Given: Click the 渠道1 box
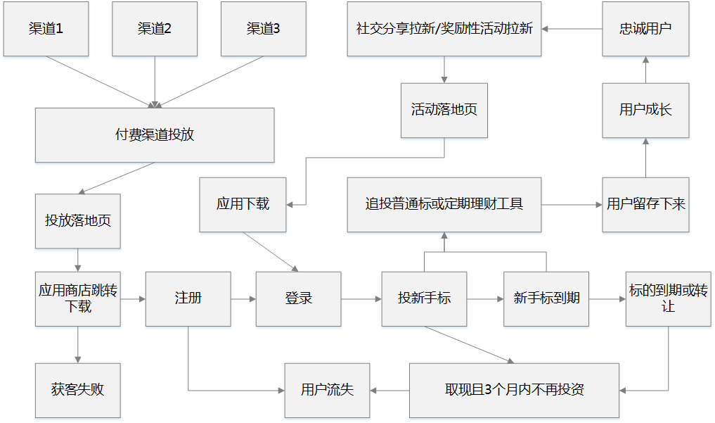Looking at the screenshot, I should pos(46,29).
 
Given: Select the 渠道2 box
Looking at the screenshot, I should pos(155,29).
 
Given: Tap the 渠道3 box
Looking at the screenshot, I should pos(263,29).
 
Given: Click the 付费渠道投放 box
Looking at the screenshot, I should pos(155,135).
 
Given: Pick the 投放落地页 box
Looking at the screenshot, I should pos(77,220).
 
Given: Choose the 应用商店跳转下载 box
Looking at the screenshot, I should pos(77,298).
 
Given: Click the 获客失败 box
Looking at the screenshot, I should pos(77,389).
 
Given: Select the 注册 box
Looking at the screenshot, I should pos(188,298).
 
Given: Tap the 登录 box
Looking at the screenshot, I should pos(298,298).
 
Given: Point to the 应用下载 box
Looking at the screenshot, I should pos(243,204).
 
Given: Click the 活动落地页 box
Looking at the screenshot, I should pos(444,110).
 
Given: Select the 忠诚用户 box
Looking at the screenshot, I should pos(645,29).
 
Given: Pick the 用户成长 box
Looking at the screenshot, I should pos(645,110).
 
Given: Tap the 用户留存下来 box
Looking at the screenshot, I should pos(645,204).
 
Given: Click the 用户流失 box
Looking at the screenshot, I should pos(327,389).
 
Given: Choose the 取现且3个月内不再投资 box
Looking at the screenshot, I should pos(514,389).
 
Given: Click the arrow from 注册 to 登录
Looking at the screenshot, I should pos(243,299).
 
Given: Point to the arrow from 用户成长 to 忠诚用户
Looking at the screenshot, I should pos(645,70).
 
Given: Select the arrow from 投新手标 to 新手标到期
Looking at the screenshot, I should pos(485,299).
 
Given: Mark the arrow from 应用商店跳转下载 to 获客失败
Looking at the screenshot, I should pos(77,344).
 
